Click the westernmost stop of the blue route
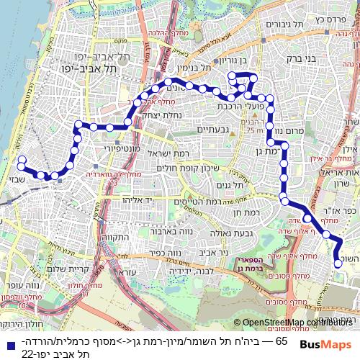(x=21, y=160)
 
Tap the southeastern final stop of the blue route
(x=338, y=264)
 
